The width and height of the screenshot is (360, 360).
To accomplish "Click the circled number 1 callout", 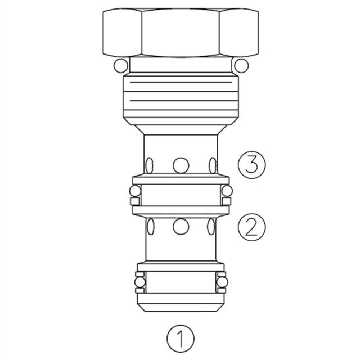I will (181, 339).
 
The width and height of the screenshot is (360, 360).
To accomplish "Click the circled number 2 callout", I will (251, 227).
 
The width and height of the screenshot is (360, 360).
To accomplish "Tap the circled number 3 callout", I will (251, 165).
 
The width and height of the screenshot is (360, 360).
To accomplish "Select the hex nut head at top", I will (180, 33).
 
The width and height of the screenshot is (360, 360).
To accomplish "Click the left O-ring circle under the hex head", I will (119, 66).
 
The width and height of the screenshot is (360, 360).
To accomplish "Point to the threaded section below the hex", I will (180, 94).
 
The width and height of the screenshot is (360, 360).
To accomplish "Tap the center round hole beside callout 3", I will (181, 165).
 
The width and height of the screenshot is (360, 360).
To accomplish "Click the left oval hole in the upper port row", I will (150, 165).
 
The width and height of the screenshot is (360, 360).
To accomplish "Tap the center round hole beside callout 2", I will (181, 227).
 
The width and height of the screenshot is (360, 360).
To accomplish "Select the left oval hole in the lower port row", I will (150, 227).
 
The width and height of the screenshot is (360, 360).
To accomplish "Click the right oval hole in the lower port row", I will (211, 227).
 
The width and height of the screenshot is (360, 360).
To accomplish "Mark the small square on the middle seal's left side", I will (134, 201).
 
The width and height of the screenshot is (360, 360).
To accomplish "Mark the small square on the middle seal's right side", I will (227, 201).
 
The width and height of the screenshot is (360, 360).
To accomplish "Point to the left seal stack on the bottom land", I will (139, 283).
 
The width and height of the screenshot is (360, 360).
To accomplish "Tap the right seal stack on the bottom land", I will (222, 283).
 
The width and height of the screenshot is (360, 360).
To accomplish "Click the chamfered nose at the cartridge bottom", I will (180, 303).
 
